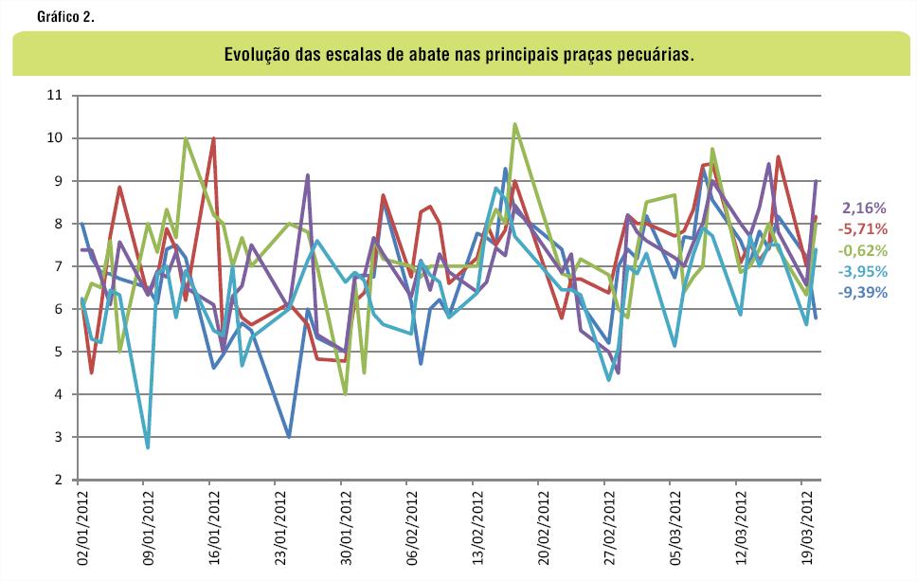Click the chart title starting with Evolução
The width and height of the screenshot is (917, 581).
tap(458, 55)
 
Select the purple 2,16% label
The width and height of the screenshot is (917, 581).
tap(863, 208)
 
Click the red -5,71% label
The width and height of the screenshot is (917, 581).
tap(862, 228)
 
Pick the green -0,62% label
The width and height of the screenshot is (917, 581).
tap(862, 250)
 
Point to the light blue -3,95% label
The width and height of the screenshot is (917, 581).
tap(862, 272)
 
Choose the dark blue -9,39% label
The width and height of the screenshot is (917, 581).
tap(862, 293)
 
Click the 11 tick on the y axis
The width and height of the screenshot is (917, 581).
tap(53, 96)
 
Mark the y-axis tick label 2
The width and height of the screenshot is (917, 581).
tap(57, 480)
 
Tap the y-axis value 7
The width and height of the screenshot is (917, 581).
tap(57, 266)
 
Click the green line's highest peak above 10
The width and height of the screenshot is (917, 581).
tap(514, 124)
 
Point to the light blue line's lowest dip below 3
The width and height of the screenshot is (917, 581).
tap(148, 447)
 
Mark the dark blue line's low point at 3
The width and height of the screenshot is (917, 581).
tap(289, 437)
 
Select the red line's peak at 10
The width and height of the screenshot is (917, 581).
tap(214, 138)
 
